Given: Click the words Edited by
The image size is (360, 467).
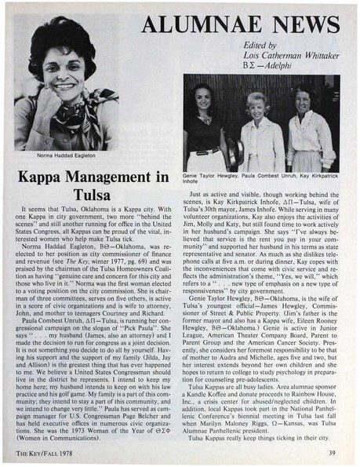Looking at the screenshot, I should tap(263, 54).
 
